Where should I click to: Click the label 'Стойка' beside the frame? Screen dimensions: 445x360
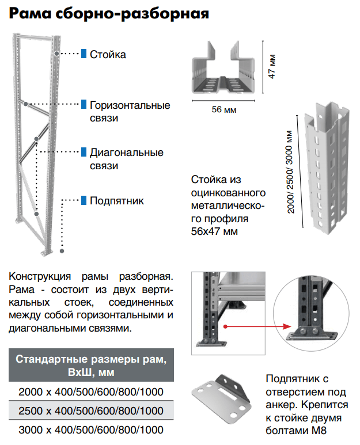point(108,55)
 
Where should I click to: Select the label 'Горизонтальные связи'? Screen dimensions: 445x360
point(130,112)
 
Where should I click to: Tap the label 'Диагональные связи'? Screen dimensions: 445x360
point(126,159)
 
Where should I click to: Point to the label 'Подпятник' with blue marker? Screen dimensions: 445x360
point(117,201)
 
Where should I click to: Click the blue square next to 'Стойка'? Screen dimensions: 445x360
point(84,54)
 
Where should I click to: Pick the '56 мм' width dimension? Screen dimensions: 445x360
point(224,109)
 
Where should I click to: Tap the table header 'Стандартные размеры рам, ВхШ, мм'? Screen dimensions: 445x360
point(90,366)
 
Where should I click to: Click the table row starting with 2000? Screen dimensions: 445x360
point(91,392)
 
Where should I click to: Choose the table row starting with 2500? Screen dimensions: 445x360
point(91,411)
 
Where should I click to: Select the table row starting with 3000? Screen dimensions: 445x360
point(91,429)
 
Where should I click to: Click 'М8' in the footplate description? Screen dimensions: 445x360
point(325,430)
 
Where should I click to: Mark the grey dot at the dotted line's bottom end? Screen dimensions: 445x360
point(62,251)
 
